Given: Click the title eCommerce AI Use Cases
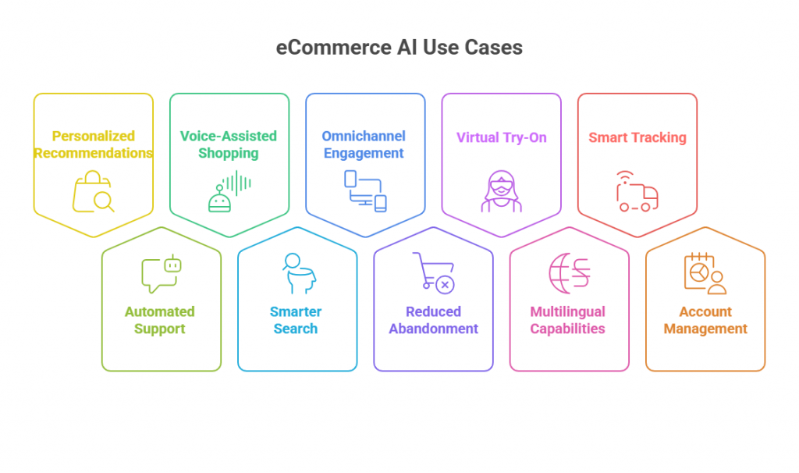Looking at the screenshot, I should (399, 48).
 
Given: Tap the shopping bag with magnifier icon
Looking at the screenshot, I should (93, 192).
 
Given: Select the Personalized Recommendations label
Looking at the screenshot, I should (93, 145).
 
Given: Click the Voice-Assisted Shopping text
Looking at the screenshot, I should (229, 145).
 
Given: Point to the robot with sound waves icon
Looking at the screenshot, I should (229, 192).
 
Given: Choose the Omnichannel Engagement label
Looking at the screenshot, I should (364, 145).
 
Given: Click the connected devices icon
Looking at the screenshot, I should (365, 191).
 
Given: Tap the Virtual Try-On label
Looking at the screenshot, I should (501, 138).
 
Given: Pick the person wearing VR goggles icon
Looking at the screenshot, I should (501, 192).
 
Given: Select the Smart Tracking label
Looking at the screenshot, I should (637, 138).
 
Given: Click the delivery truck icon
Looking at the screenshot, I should (637, 192).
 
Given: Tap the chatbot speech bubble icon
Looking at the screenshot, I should (161, 274).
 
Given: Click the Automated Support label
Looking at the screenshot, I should (160, 320).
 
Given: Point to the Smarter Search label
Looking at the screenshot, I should (296, 320).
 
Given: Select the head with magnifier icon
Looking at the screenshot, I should (296, 273).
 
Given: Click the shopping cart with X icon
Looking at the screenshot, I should (433, 273).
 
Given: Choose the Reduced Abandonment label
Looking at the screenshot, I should (433, 320).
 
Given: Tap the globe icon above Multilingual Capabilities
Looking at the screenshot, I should (569, 273).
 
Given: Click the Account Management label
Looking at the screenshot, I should (705, 320).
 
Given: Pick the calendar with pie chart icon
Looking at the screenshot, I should (705, 273).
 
